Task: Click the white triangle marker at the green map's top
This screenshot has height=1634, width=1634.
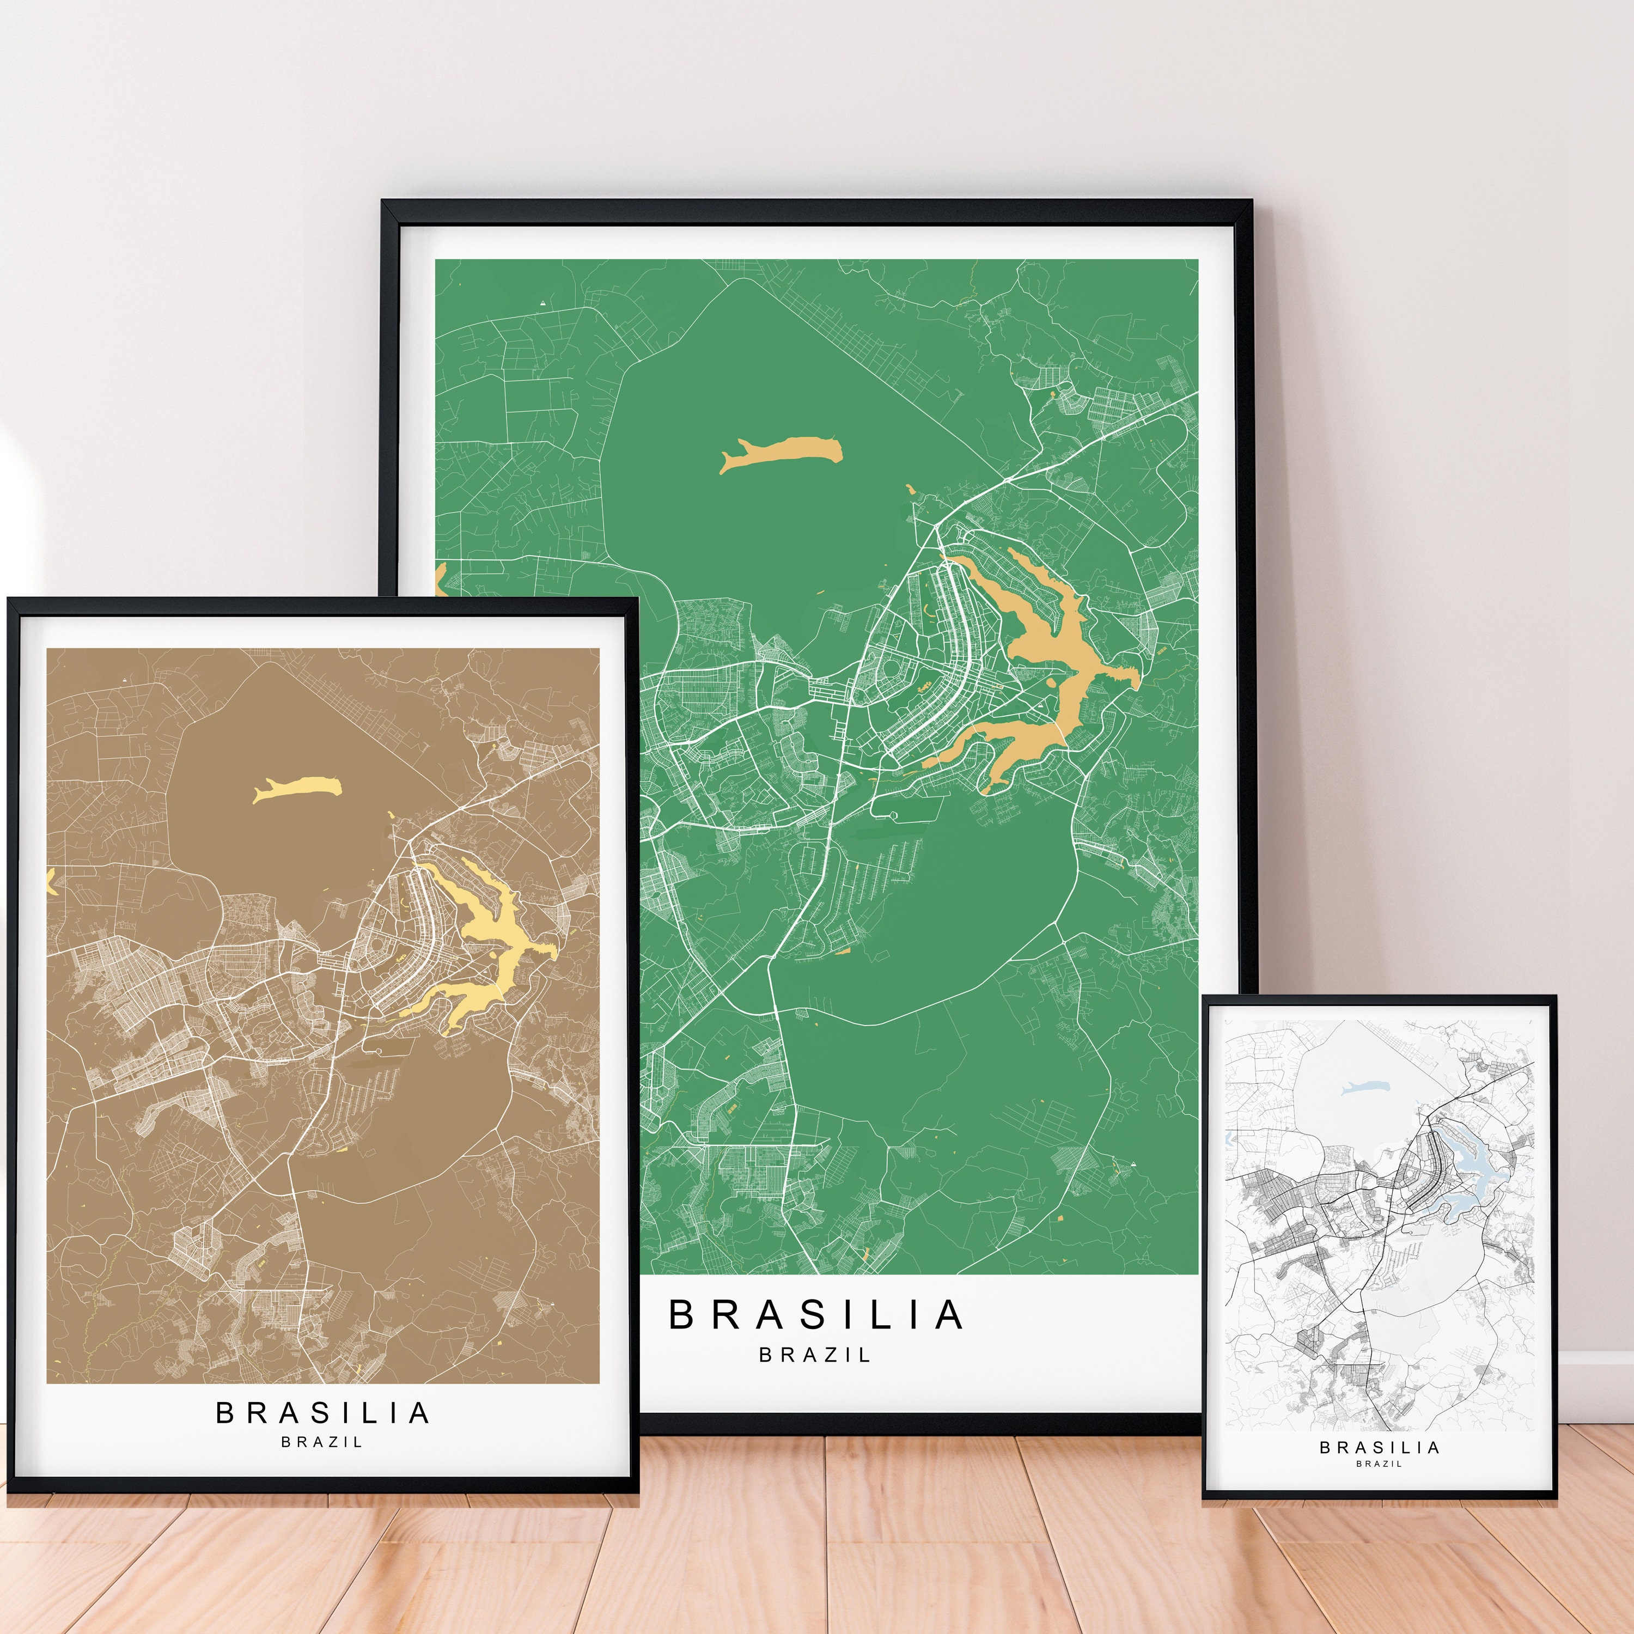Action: pyautogui.click(x=542, y=301)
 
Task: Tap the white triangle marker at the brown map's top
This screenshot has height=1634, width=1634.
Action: pyautogui.click(x=125, y=679)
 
